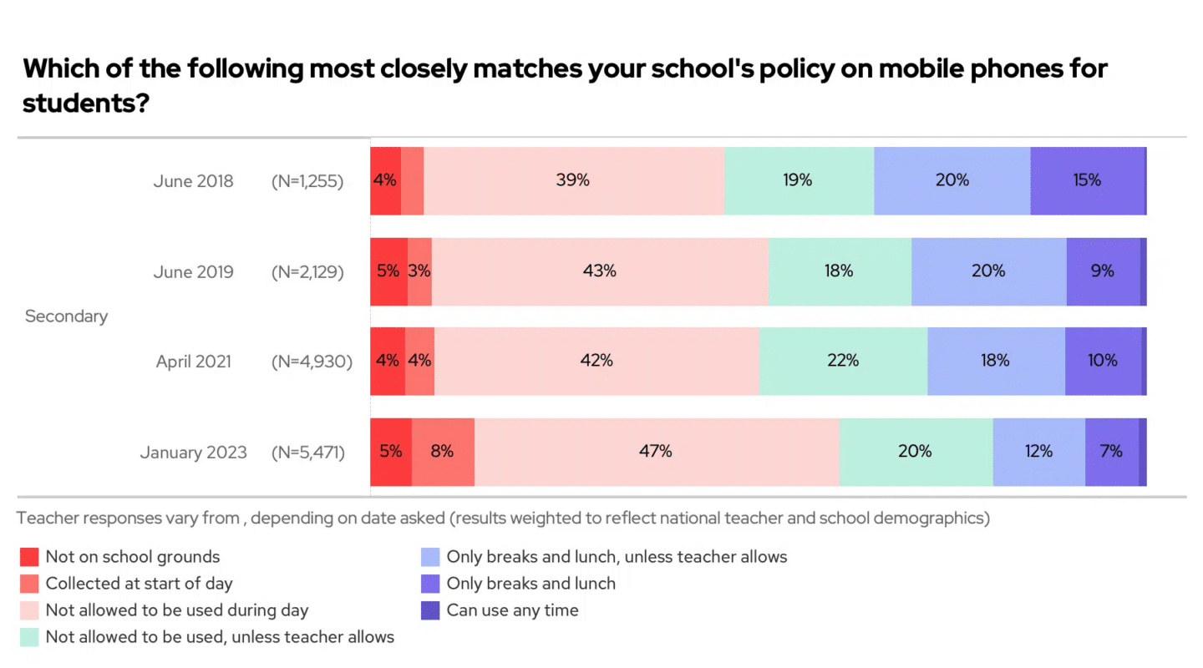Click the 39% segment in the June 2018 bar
tap(573, 180)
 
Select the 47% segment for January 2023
tap(656, 452)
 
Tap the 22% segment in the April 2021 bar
tap(842, 361)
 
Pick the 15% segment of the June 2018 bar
tap(1087, 180)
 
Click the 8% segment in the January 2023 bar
tap(442, 452)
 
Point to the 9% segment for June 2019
tap(1103, 271)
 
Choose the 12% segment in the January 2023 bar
tap(1038, 452)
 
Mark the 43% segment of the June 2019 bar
tap(599, 271)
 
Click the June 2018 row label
tap(193, 181)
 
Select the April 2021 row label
tap(195, 362)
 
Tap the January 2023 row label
tap(193, 453)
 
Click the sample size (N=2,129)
tap(307, 271)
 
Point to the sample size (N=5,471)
tap(307, 453)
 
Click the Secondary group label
tap(66, 316)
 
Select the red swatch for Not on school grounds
tap(29, 557)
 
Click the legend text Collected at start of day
tap(139, 584)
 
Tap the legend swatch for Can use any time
tap(430, 610)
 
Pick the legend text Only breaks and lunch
tap(530, 584)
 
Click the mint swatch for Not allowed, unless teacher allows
tap(29, 637)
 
